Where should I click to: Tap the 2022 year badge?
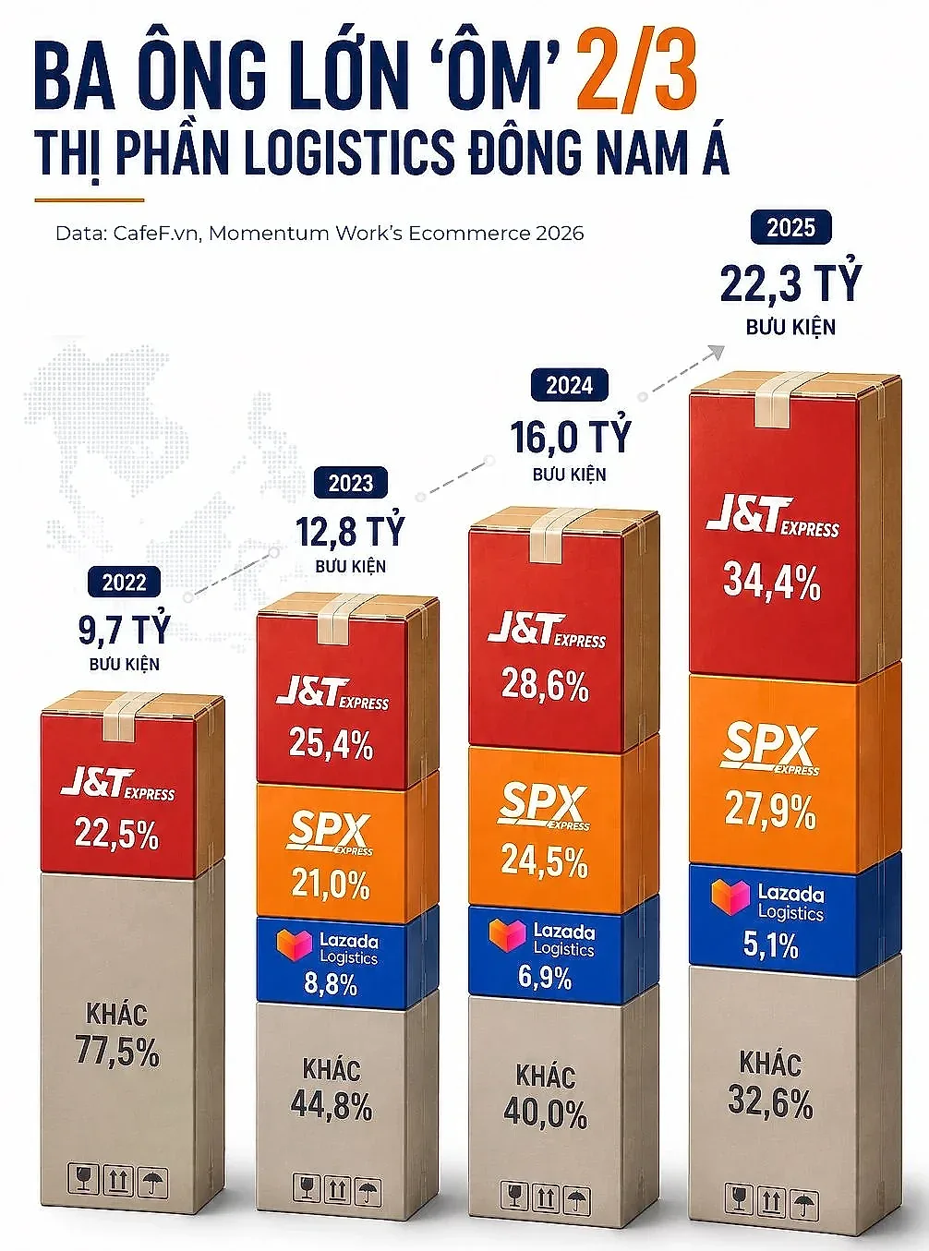(x=124, y=582)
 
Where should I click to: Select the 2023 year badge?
(x=351, y=484)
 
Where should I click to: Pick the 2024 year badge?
(x=570, y=386)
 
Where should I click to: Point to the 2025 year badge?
(x=790, y=227)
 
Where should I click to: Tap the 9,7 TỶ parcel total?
(x=124, y=629)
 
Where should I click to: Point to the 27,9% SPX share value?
(x=770, y=811)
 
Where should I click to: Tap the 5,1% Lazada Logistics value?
(x=770, y=944)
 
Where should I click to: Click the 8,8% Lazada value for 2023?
(x=331, y=983)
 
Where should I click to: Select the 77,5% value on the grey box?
(x=117, y=1052)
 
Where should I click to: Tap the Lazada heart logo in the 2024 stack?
(x=507, y=936)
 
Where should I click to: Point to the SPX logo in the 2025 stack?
(x=770, y=749)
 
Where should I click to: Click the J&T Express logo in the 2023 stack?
(x=332, y=693)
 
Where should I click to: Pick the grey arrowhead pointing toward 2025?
(x=716, y=352)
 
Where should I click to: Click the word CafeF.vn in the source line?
(x=158, y=233)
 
